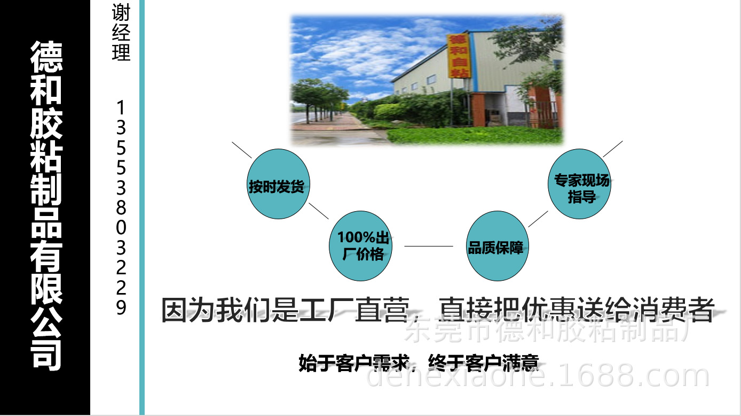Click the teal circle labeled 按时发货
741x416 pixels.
click(x=277, y=184)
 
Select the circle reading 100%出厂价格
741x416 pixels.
click(x=360, y=246)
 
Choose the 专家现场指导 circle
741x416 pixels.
click(x=581, y=184)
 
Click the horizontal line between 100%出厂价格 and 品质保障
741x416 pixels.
click(x=428, y=246)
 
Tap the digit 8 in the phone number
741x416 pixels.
click(x=121, y=207)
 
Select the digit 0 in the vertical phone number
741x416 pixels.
click(x=121, y=228)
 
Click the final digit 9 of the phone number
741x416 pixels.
click(x=121, y=307)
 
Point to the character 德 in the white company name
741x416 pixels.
click(x=46, y=58)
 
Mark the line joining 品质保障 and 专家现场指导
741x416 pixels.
click(x=538, y=219)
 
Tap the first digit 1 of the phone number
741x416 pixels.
click(x=121, y=109)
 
